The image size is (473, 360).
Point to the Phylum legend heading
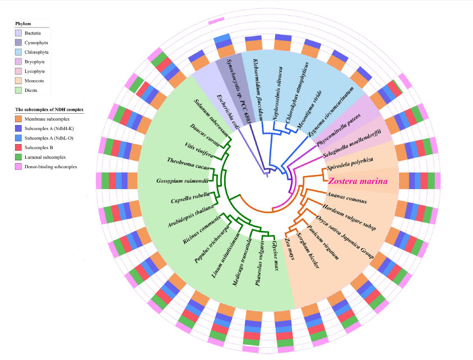pos(23,24)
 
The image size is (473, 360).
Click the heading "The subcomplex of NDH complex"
pos(49,109)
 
